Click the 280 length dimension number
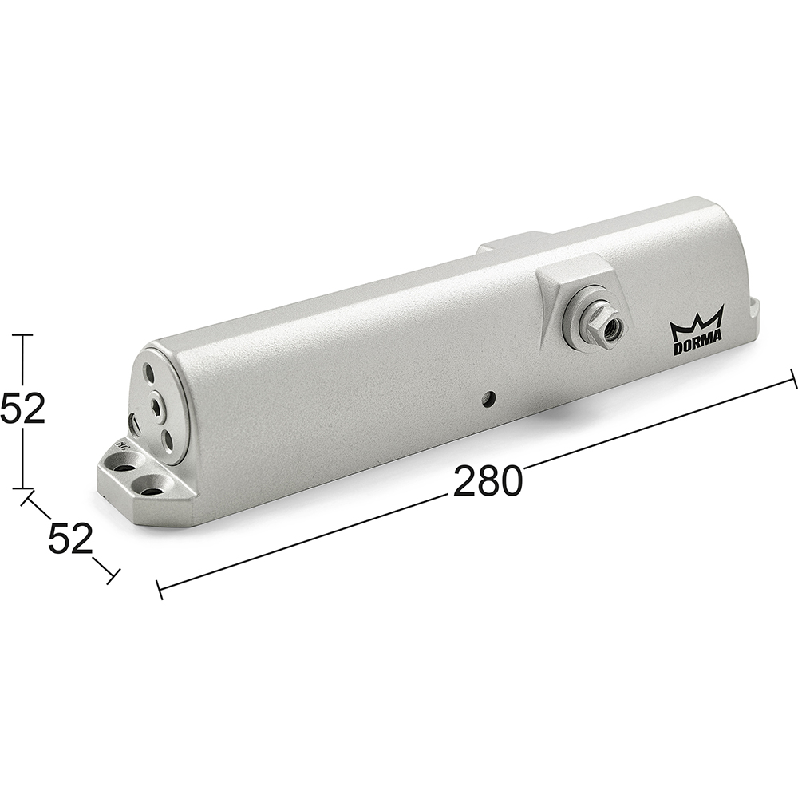(487, 482)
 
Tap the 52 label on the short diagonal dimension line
(70, 539)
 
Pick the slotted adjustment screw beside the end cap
(132, 424)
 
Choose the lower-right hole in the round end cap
(170, 439)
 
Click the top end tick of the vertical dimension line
(22, 335)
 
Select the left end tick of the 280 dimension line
(160, 590)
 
